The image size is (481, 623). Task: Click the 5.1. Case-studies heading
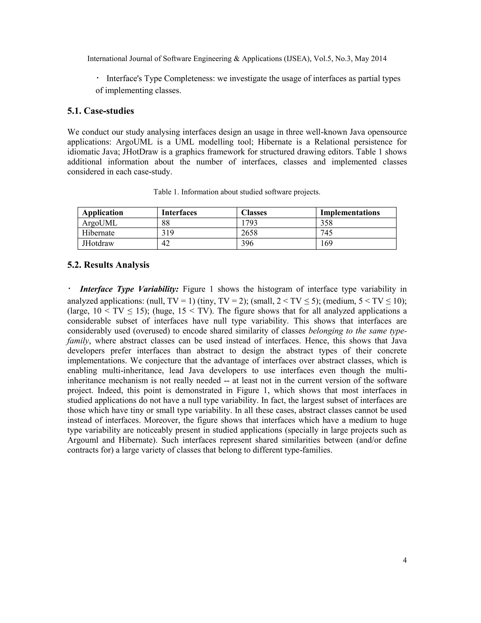point(100,111)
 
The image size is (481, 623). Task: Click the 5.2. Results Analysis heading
point(108,265)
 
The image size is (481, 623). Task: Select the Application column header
point(103,213)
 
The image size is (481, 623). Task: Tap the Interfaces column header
point(179,213)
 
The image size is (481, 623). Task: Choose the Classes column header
point(254,213)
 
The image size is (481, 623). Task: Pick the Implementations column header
point(350,213)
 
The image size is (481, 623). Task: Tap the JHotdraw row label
point(98,243)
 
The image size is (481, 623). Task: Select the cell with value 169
point(326,243)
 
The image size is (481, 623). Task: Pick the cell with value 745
point(326,233)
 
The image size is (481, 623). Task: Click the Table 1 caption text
point(237,192)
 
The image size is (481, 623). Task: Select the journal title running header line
point(237,59)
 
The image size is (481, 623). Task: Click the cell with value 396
point(247,243)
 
